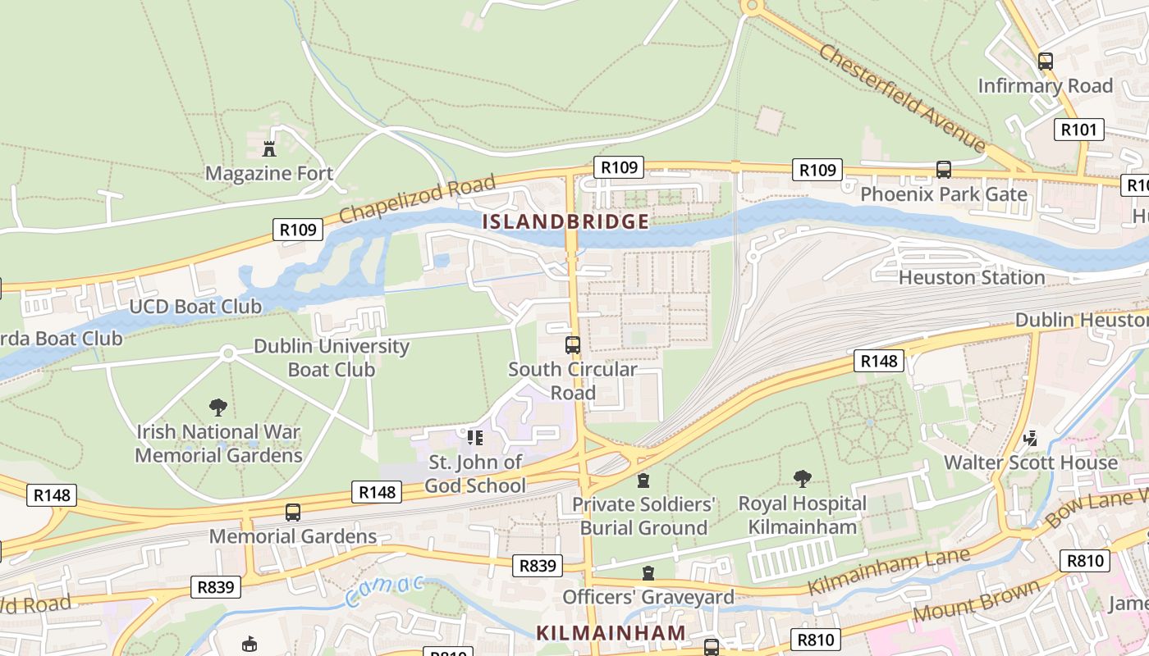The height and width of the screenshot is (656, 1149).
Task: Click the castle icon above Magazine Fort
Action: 268,148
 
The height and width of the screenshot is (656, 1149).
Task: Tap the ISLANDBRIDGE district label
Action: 565,221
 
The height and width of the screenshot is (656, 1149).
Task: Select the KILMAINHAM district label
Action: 611,632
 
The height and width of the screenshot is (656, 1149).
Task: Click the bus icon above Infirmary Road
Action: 1045,61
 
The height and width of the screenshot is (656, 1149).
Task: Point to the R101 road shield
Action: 1078,129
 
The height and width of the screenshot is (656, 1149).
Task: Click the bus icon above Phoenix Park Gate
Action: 944,170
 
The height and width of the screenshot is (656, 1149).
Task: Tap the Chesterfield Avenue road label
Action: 901,97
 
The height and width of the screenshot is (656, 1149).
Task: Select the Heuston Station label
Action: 972,277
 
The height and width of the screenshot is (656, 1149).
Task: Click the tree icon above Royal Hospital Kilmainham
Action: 803,478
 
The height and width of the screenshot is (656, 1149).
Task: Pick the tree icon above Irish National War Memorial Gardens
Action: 217,407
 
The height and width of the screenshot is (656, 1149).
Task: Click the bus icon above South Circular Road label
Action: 573,344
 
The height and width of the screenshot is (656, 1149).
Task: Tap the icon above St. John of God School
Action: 475,437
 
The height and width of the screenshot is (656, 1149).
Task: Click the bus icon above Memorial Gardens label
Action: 293,512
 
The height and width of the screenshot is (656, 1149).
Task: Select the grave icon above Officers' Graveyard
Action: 648,572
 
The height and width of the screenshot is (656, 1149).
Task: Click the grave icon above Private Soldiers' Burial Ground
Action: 643,480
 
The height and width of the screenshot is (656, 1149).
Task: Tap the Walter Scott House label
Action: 1030,462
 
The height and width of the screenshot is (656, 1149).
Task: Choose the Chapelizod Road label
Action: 418,198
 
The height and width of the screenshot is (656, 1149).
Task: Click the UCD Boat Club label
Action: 195,307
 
